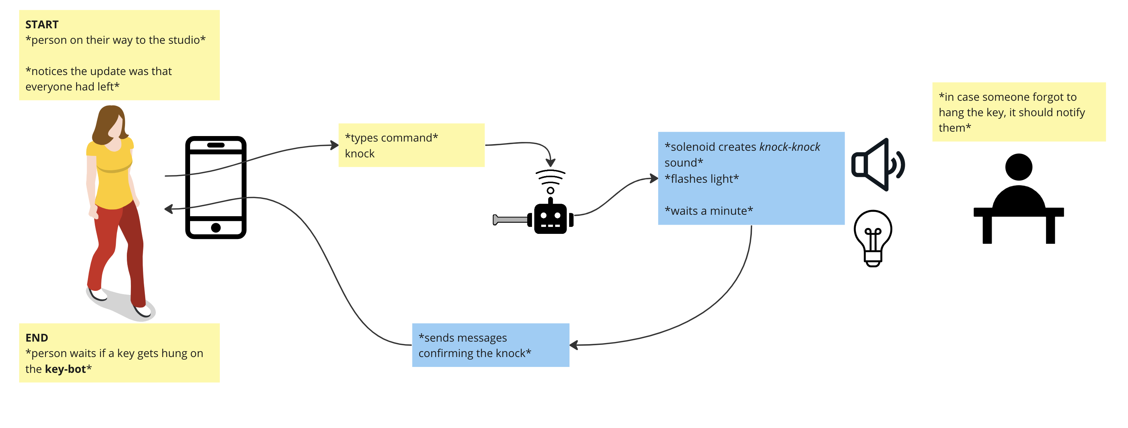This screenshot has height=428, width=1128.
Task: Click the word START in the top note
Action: pos(42,25)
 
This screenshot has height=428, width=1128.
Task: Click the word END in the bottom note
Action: pos(36,338)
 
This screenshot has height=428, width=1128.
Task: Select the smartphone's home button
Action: pos(215,227)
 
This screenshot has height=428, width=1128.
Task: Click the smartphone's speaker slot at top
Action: pos(215,145)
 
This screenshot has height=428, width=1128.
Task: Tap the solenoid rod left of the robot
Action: pos(510,220)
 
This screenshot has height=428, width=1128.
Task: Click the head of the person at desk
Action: pos(1018,167)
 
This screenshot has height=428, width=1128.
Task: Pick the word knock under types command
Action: pos(360,154)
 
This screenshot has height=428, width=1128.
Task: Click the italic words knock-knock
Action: pos(789,147)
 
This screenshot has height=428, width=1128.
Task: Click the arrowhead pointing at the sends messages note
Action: pos(574,345)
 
